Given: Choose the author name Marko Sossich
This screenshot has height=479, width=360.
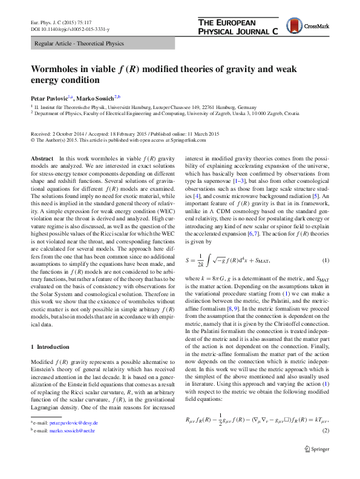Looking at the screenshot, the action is click(99, 97).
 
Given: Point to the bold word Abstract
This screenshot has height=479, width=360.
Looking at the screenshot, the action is click(42, 157).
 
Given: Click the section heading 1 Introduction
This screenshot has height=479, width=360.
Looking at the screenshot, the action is click(53, 347).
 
